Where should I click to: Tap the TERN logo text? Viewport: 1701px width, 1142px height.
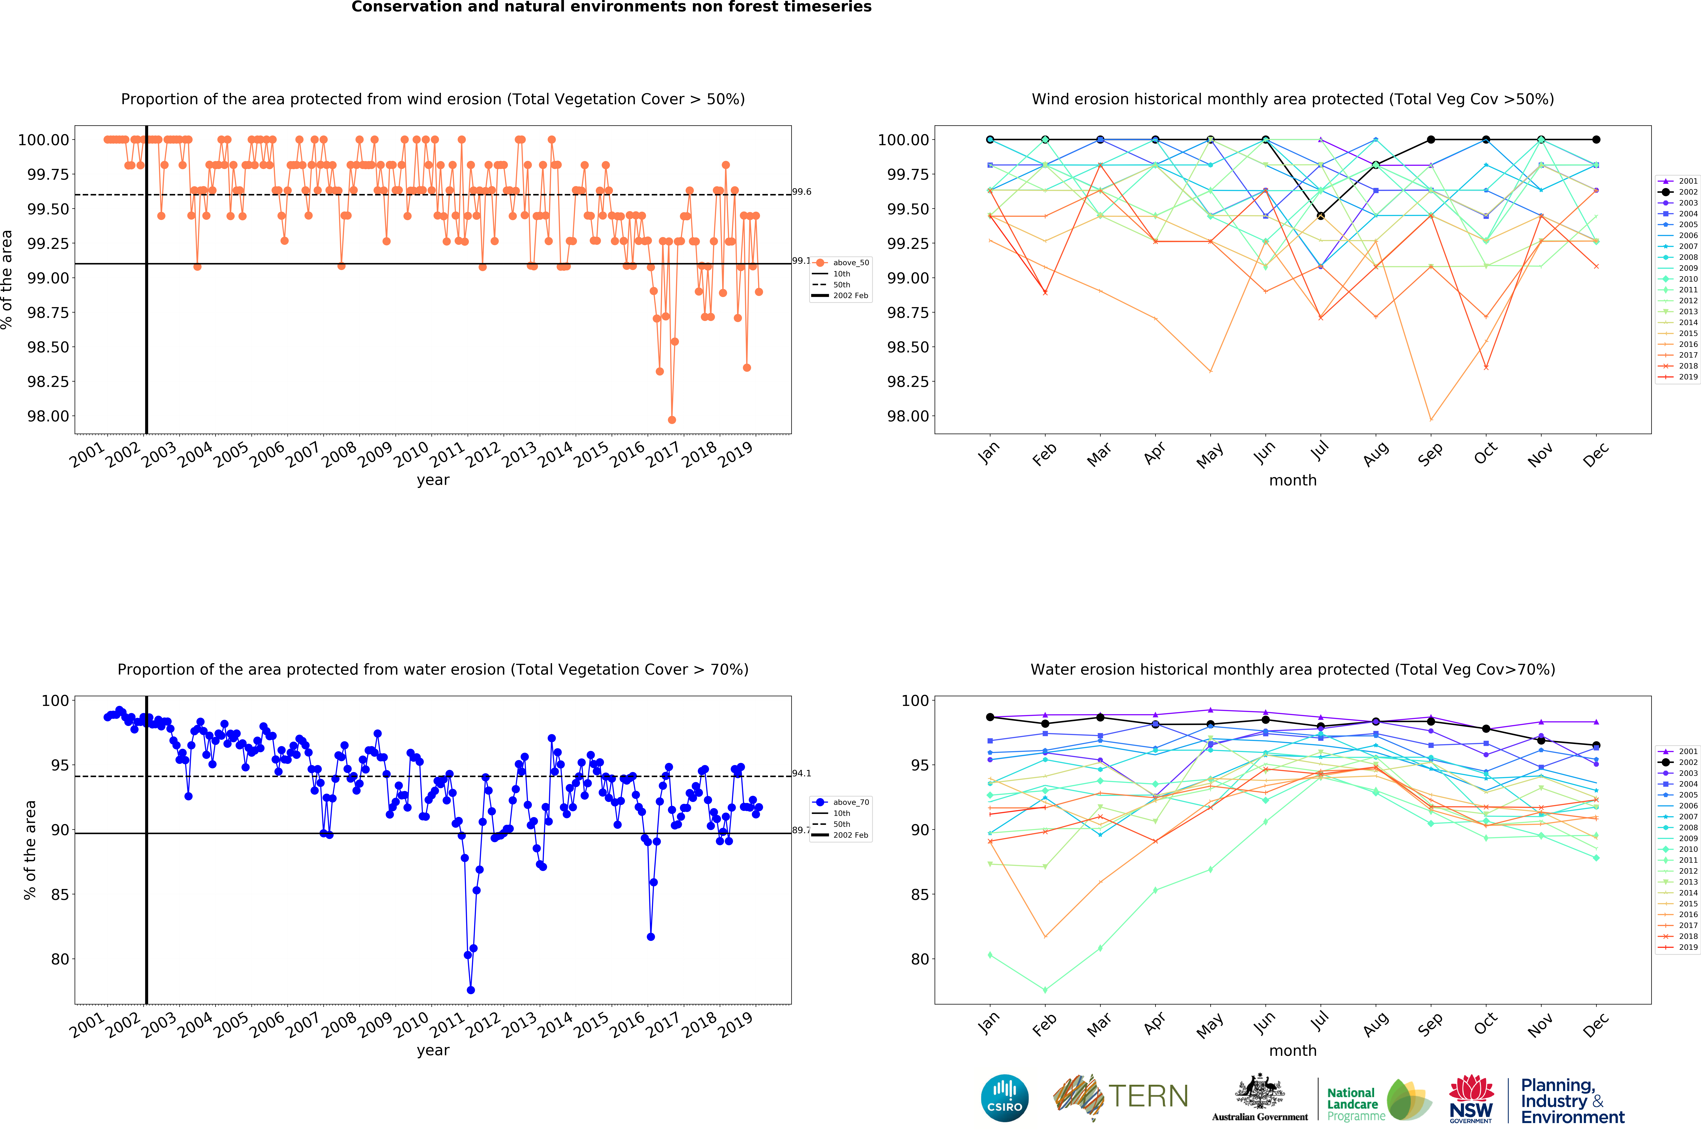1148,1096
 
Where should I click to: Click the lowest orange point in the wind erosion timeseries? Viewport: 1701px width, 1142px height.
672,419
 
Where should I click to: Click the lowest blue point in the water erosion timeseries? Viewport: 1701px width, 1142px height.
471,990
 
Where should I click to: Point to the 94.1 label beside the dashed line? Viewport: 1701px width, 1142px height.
802,773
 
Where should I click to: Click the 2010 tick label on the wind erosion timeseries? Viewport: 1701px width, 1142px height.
412,455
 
